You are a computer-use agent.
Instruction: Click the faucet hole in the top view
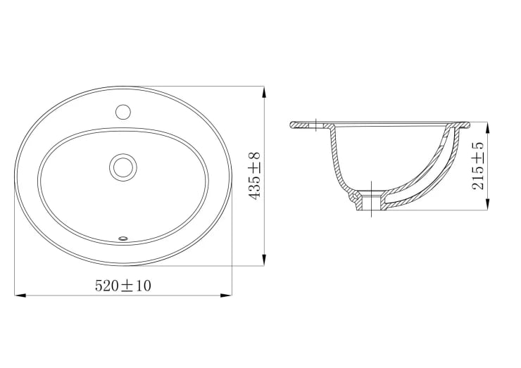point(123,111)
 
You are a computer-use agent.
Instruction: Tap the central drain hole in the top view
point(123,167)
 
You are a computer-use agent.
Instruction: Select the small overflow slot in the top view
point(124,238)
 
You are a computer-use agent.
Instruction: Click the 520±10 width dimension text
point(123,285)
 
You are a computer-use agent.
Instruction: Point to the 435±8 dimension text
point(255,176)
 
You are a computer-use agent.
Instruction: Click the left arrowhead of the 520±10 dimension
point(20,296)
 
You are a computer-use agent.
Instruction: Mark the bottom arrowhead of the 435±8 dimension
point(264,261)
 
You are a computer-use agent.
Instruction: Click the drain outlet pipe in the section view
point(369,205)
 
